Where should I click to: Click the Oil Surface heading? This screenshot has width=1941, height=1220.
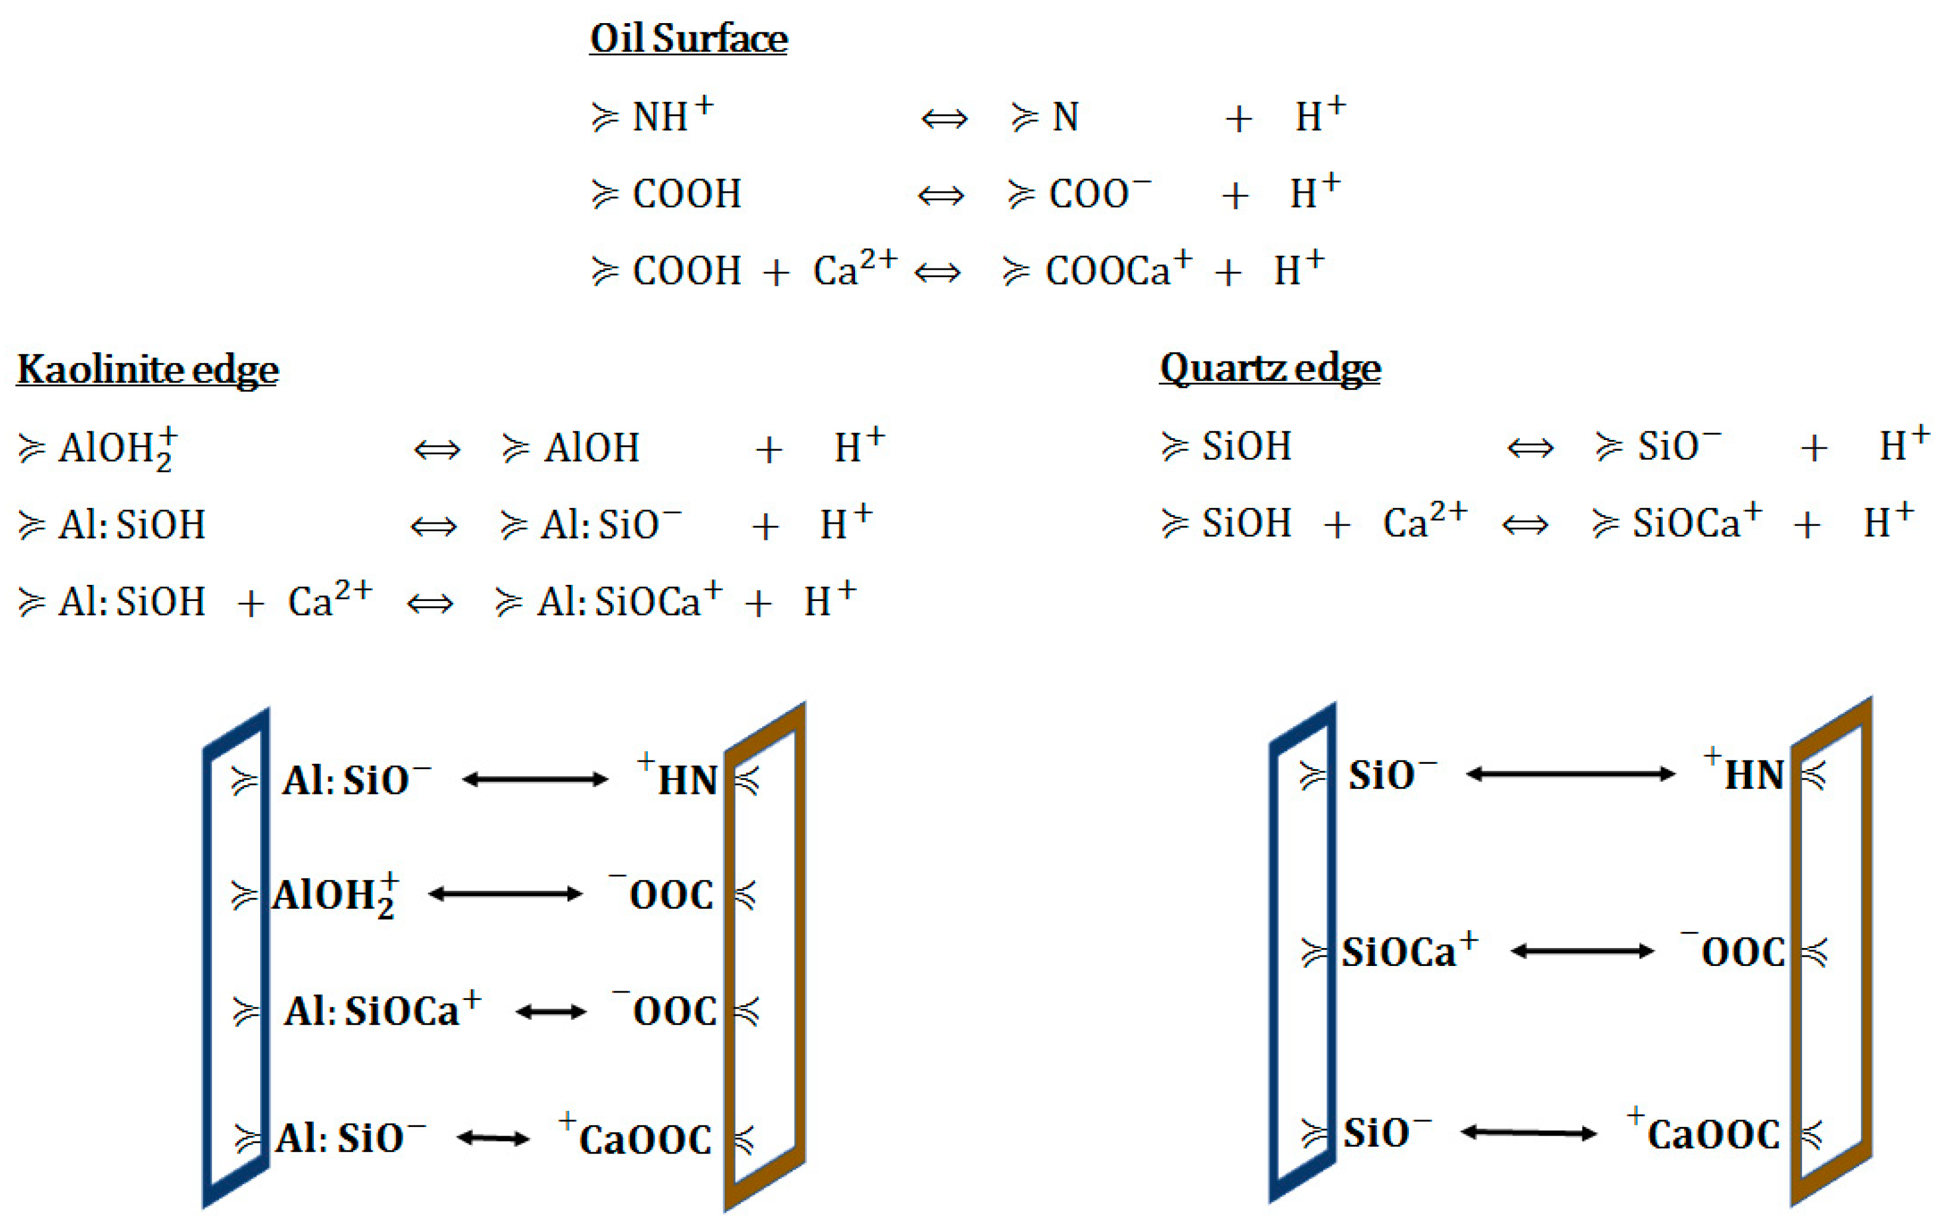click(688, 38)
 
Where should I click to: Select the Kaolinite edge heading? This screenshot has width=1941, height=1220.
click(148, 370)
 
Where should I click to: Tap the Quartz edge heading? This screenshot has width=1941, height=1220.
click(1269, 368)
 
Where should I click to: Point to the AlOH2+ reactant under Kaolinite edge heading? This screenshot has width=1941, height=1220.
click(117, 448)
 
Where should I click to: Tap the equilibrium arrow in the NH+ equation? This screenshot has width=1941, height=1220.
click(944, 120)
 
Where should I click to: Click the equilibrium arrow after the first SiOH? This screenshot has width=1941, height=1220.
click(1529, 447)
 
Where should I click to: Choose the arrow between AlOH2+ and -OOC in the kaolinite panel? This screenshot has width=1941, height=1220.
click(505, 893)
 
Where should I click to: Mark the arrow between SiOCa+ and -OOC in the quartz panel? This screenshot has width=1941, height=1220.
click(1582, 952)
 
